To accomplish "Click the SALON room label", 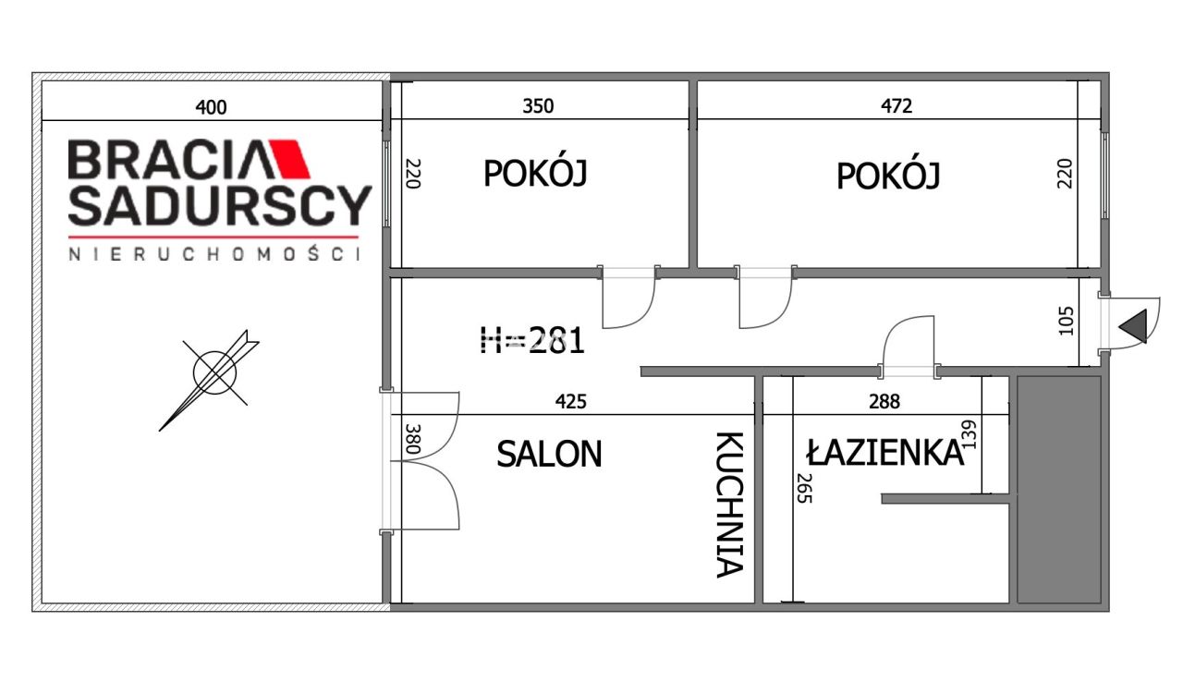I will pos(549,454).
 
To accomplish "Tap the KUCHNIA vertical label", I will pos(729,505).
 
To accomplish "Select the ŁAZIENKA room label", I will pos(884,453).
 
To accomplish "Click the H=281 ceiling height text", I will pos(532,341).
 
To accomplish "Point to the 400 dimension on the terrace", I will pos(211,107).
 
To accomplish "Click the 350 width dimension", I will pos(538,106).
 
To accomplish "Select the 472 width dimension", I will pos(896,106).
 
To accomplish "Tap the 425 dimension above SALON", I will pos(570,401).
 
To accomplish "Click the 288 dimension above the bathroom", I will pos(884,401).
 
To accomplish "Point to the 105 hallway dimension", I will pos(1068,321).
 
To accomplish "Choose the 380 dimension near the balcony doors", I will pos(412,437).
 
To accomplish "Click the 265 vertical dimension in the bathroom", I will pos(803,488).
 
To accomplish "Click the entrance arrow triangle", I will pos(1133,326).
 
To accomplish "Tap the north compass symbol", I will pos(214,372).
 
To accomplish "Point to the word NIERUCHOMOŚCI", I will pos(213,254).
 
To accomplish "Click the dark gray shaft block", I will pos(1059,489).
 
